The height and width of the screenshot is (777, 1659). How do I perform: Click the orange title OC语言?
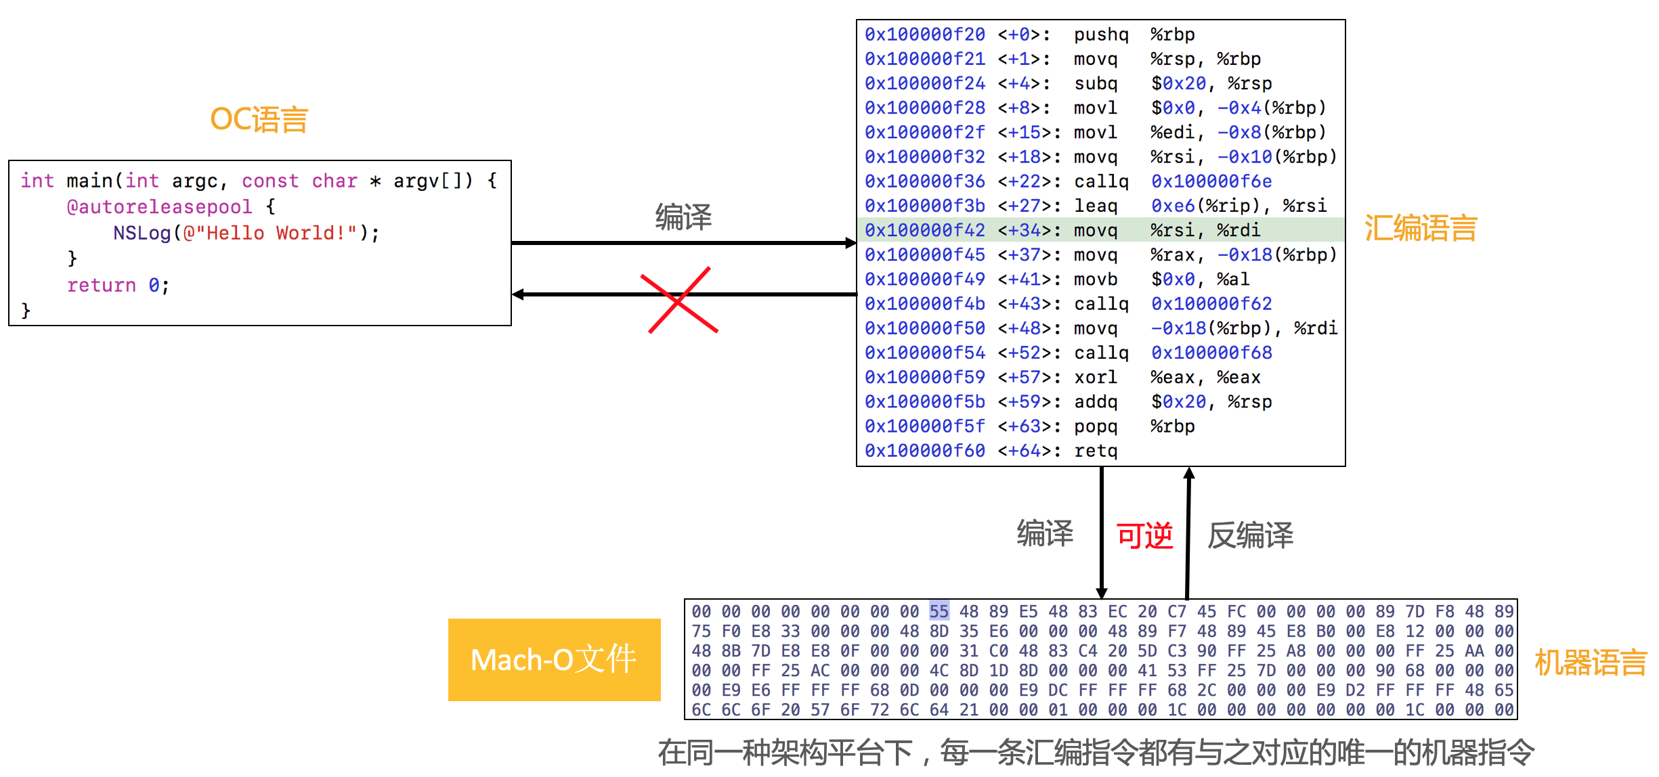click(259, 120)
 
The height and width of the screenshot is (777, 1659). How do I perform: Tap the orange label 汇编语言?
click(1420, 228)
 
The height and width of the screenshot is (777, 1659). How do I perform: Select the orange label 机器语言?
click(1590, 662)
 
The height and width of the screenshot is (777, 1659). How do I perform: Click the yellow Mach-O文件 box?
click(554, 659)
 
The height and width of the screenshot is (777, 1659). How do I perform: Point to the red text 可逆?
click(1144, 536)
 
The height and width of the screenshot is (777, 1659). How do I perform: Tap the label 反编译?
click(1250, 536)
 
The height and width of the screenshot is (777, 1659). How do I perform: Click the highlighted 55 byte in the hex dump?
click(939, 611)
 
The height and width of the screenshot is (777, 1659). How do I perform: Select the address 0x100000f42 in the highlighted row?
click(924, 230)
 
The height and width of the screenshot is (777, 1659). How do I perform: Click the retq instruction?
click(1095, 451)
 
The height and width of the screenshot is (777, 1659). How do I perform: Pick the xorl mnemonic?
click(1095, 377)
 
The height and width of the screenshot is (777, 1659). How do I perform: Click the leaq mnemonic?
click(1095, 206)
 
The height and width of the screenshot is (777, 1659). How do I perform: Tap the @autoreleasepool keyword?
click(159, 206)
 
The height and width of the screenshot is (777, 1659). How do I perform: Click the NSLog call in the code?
click(142, 233)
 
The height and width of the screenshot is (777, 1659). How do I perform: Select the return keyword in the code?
click(102, 286)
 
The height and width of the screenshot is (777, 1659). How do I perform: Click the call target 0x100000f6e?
click(1211, 181)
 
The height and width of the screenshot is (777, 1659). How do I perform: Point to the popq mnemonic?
click(1095, 426)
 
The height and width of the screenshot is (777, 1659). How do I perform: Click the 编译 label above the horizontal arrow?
click(683, 217)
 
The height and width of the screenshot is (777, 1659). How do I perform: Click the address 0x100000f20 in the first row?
click(924, 35)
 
